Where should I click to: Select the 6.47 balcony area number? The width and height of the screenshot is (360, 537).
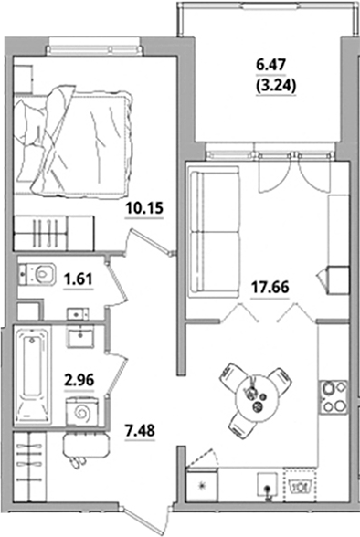pos(271,66)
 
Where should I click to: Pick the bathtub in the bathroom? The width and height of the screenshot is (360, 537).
pos(33,375)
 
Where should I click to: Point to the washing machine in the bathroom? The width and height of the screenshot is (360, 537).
pos(79,413)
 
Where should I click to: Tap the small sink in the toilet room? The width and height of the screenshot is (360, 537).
pos(77,313)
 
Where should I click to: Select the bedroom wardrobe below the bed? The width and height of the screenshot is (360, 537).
pos(52,228)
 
